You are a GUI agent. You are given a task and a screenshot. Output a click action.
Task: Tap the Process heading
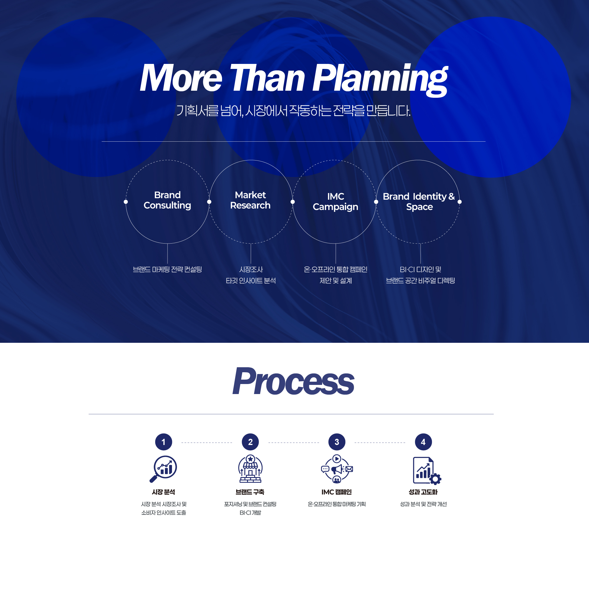point(293,381)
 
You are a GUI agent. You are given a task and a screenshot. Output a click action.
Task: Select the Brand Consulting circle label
point(167,200)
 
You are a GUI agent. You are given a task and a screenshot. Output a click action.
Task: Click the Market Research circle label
point(250,200)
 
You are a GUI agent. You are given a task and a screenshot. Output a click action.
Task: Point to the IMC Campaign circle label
point(335,201)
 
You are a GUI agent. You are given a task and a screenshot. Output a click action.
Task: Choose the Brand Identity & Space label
point(419,201)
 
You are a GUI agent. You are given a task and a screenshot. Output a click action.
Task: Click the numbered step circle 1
point(164,442)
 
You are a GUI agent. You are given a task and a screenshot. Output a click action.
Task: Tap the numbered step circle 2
point(250,442)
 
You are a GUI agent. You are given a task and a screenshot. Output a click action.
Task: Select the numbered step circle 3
point(337,442)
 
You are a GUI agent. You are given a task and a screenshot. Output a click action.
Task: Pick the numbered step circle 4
point(423,442)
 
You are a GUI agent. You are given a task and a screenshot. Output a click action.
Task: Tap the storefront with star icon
point(250,469)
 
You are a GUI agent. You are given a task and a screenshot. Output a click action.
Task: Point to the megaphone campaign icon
point(337,469)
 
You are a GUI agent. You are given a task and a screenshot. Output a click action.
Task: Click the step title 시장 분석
point(164,492)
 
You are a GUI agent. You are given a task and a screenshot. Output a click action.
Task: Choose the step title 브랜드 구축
point(250,492)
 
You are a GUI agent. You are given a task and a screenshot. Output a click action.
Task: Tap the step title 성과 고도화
point(423,492)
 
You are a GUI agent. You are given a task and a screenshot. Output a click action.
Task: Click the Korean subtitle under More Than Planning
point(293,111)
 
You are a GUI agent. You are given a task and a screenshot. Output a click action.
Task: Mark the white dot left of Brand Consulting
point(126,202)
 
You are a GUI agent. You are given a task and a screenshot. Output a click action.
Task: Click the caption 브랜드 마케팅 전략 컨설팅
point(167,269)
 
